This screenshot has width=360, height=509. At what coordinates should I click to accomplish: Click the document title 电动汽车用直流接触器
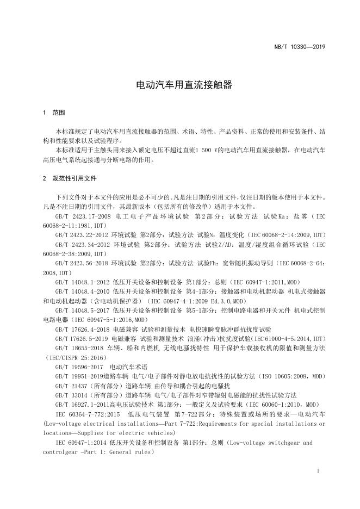[179, 85]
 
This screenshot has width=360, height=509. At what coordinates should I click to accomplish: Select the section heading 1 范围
[54, 113]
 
